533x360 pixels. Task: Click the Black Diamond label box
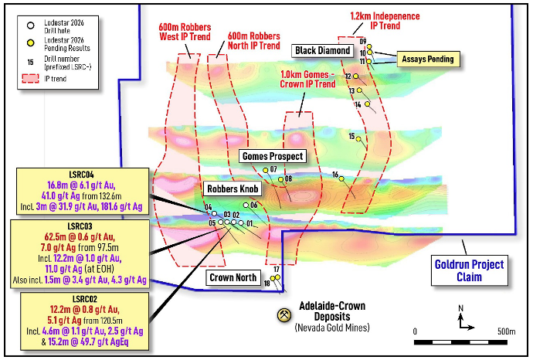(x=322, y=51)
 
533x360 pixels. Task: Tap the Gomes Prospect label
(x=273, y=156)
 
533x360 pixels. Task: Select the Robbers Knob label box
(x=233, y=188)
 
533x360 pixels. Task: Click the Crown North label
(x=233, y=277)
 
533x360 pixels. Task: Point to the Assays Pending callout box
(x=428, y=59)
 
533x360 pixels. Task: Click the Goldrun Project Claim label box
(x=470, y=270)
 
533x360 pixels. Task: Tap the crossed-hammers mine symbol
(x=283, y=314)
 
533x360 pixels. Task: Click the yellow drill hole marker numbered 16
(x=341, y=178)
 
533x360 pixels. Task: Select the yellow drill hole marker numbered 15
(x=358, y=139)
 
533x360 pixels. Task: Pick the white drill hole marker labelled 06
(x=246, y=205)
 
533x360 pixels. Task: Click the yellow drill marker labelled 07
(x=266, y=170)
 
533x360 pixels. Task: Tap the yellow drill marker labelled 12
(x=355, y=76)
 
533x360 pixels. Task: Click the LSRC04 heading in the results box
(x=81, y=175)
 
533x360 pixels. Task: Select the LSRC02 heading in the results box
(x=85, y=299)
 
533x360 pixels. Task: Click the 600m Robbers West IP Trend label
(x=185, y=32)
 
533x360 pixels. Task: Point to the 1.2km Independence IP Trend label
(x=385, y=21)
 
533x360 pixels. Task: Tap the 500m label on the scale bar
(x=507, y=331)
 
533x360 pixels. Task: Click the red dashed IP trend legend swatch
(x=30, y=79)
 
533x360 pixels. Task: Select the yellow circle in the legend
(x=31, y=43)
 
